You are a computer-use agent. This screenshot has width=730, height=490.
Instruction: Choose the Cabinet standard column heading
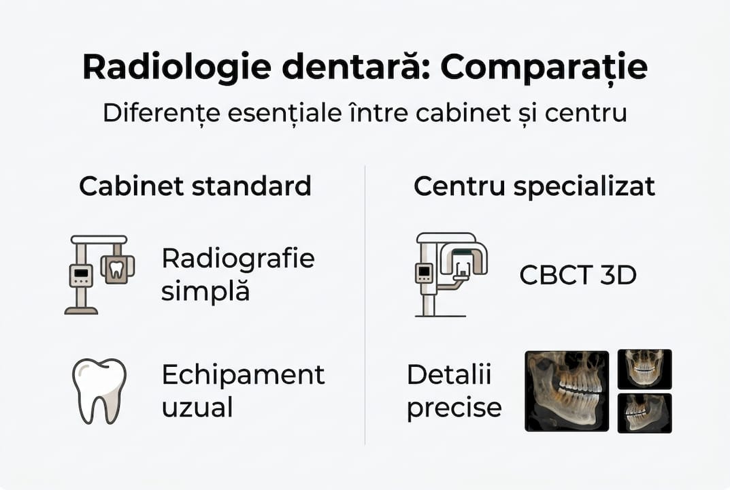tap(195, 186)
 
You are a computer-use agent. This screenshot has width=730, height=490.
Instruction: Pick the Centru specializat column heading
tap(534, 186)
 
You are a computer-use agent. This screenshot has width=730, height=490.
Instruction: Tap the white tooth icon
tap(99, 391)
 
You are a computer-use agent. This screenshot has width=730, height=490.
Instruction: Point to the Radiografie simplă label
tap(237, 274)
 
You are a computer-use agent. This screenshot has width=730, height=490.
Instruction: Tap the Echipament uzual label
tap(243, 391)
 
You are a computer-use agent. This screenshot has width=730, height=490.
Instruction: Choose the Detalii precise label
tap(454, 391)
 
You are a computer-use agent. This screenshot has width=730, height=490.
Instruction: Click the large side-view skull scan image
tap(567, 391)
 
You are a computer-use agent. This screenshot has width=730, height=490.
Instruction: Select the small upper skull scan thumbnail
tap(644, 369)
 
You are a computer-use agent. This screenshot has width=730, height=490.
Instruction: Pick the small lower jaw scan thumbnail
tap(644, 413)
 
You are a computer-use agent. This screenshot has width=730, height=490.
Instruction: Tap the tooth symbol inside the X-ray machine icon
tap(116, 268)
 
